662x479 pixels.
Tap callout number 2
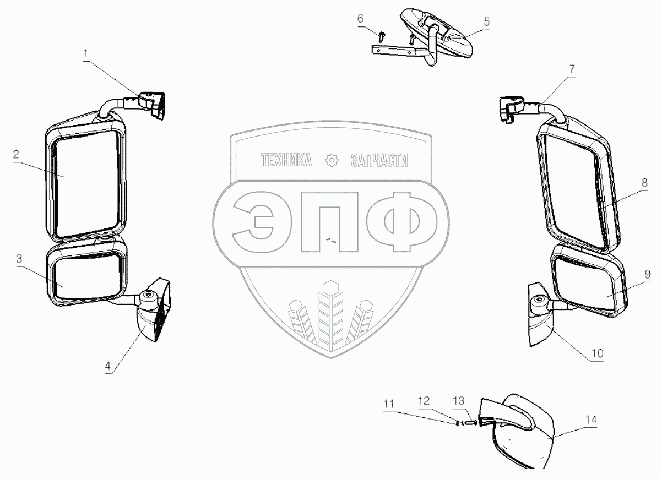coord(18,155)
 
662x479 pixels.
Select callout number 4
coord(108,366)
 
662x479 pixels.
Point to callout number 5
coord(486,22)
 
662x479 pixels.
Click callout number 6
coord(360,19)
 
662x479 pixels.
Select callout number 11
coord(389,405)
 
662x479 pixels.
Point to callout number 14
coord(591,420)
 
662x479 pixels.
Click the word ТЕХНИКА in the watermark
coord(286,160)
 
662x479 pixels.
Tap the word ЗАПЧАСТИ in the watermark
coord(379,160)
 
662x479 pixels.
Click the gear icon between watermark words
coord(332,160)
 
